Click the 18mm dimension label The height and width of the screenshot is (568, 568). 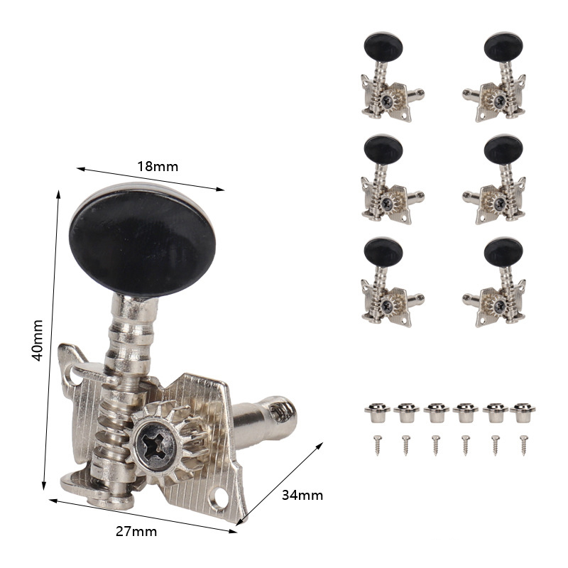(x=158, y=166)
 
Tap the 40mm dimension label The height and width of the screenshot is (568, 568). (x=38, y=341)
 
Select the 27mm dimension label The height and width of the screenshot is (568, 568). (x=136, y=531)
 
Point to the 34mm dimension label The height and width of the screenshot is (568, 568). (x=302, y=495)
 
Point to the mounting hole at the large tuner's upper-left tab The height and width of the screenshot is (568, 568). (x=75, y=379)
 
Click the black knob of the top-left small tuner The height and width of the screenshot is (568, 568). (x=383, y=47)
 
